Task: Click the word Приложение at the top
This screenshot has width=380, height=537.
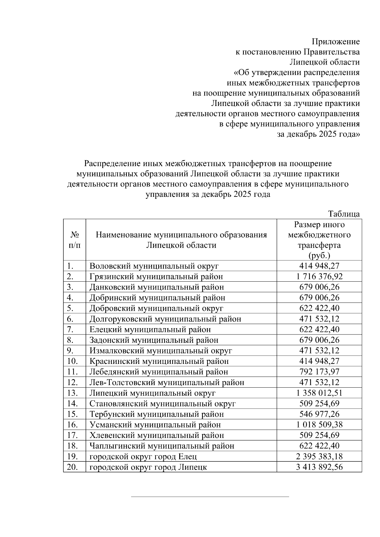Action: click(x=336, y=42)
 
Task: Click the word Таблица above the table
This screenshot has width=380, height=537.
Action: click(x=344, y=214)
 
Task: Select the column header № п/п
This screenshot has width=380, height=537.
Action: click(x=74, y=240)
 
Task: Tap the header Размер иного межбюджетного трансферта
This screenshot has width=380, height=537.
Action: click(x=319, y=240)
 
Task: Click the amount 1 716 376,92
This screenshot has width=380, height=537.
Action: click(x=319, y=277)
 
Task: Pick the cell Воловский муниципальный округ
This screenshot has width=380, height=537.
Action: click(x=154, y=266)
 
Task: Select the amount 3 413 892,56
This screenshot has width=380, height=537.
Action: click(x=319, y=467)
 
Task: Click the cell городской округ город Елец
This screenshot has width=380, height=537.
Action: click(x=143, y=457)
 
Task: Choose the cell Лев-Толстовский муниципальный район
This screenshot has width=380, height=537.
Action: click(x=167, y=383)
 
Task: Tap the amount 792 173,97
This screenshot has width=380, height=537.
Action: click(x=319, y=372)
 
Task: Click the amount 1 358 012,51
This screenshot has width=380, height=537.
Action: click(x=319, y=393)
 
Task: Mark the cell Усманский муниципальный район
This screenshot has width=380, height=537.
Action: click(x=155, y=425)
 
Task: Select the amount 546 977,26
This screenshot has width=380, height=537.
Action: click(x=319, y=414)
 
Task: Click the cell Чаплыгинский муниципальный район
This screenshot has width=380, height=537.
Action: click(x=162, y=446)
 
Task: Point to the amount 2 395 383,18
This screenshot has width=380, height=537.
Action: click(x=319, y=457)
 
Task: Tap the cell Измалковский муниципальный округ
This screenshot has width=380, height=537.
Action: click(x=161, y=351)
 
